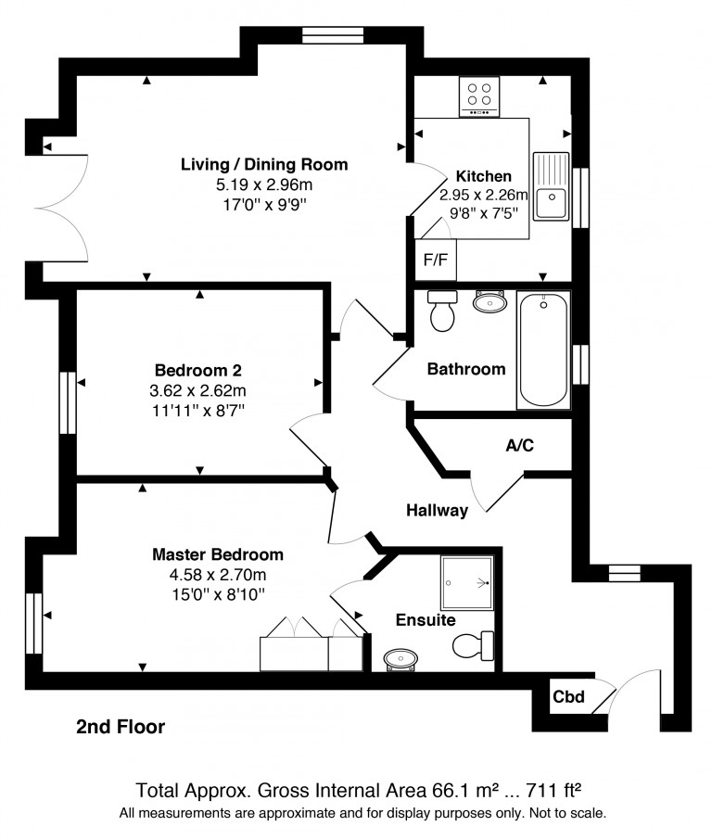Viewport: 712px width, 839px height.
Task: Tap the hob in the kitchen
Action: pyautogui.click(x=479, y=96)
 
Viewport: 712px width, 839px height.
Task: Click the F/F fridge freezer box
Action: pyautogui.click(x=436, y=260)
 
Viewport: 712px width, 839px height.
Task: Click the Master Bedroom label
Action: pyautogui.click(x=218, y=554)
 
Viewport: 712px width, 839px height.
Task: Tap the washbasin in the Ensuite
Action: pyautogui.click(x=401, y=659)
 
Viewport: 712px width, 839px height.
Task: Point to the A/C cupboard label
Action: pyautogui.click(x=519, y=446)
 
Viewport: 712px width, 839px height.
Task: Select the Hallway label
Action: pyautogui.click(x=438, y=510)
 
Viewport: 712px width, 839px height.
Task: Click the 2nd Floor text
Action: pyautogui.click(x=121, y=728)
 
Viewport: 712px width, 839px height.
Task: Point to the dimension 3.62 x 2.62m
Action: pyautogui.click(x=200, y=389)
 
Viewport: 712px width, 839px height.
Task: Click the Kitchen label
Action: pyautogui.click(x=483, y=176)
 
